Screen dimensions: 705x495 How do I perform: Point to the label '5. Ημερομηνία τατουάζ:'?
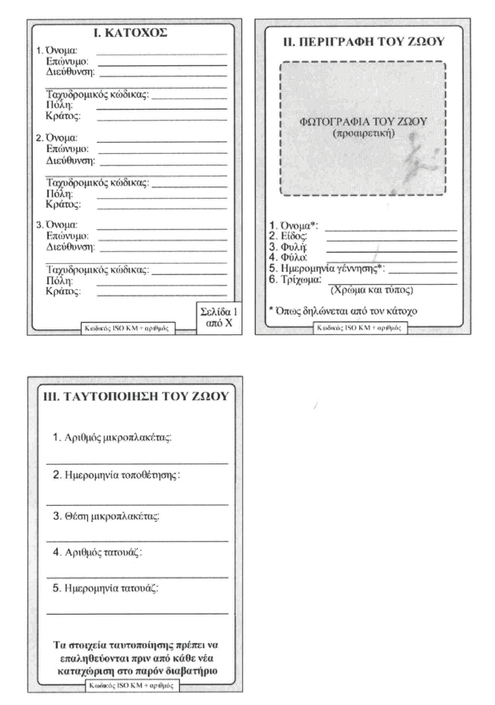[x=108, y=589]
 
